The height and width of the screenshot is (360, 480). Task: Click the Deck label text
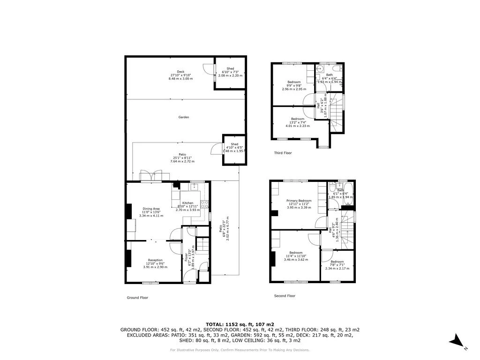[x=180, y=72]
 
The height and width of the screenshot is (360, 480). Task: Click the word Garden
[x=183, y=117]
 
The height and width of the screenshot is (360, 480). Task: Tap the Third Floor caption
[x=283, y=153]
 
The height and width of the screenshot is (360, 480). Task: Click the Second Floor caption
[x=285, y=296]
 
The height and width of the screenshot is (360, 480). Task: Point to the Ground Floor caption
[x=137, y=297]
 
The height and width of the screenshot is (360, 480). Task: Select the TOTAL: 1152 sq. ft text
[x=240, y=324]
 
